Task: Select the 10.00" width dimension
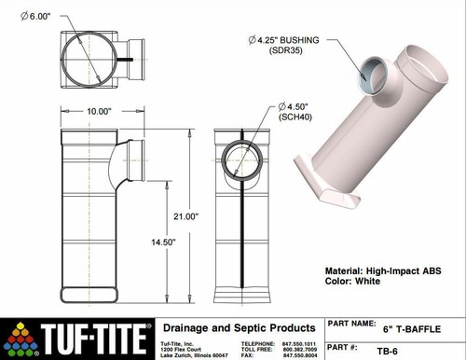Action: pos(100,111)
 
